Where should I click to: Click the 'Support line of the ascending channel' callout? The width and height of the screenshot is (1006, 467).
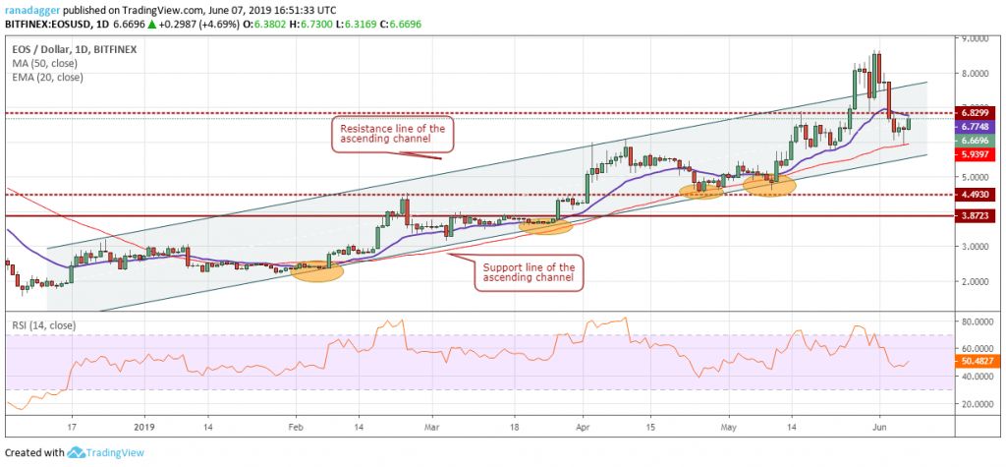click(x=527, y=272)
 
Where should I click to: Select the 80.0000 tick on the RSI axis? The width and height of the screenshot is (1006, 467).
click(x=976, y=321)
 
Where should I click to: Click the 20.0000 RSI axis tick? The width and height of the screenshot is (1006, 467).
click(x=976, y=404)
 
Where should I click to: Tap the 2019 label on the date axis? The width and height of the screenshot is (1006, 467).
click(x=143, y=429)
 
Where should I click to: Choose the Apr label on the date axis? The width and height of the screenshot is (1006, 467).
click(x=583, y=429)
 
